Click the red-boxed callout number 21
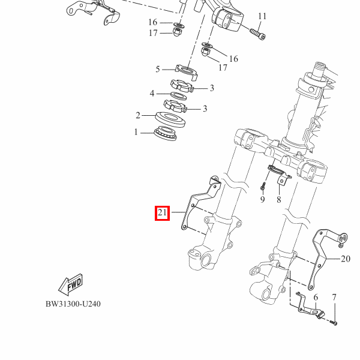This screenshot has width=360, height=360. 162,213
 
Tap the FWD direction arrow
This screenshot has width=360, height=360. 70,284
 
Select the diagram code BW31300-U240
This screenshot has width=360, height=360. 73,304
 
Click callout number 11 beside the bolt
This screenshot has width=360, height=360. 262,16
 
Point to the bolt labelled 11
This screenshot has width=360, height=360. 257,34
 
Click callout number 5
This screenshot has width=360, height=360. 157,69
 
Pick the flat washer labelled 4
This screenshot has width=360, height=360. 178,96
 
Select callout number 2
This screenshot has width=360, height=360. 138,115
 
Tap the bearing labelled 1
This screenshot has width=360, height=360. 166,133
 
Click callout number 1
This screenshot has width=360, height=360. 136,132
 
